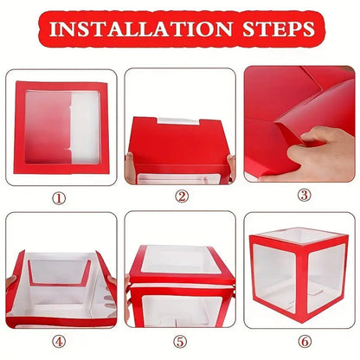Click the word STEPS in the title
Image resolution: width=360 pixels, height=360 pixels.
point(273,29)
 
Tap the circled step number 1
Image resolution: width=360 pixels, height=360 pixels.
point(59,197)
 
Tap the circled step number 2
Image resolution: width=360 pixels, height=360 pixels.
point(181,197)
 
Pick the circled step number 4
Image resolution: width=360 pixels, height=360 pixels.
point(59,341)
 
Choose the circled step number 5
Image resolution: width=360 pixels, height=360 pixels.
point(181,341)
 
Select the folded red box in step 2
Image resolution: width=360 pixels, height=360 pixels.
point(180,143)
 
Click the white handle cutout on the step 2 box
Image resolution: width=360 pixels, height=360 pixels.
point(181,120)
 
